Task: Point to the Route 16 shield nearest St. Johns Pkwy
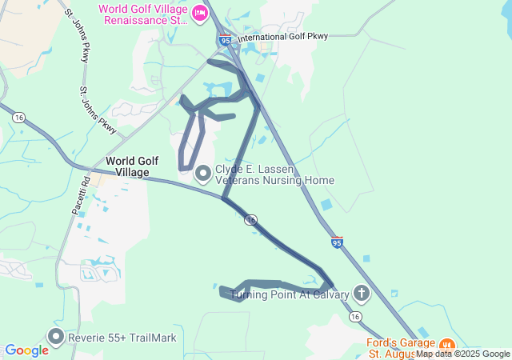coord(18,117)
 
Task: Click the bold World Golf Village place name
coord(127,166)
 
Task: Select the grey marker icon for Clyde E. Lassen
coord(202,172)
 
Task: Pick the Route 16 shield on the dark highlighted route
coord(251,219)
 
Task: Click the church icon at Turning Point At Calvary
coord(362,294)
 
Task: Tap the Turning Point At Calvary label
coord(290,294)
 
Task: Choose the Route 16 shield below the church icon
coord(354,317)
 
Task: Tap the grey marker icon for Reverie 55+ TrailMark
coord(55,337)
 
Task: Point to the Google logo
coord(26,350)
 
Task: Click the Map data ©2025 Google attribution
coord(462,354)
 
